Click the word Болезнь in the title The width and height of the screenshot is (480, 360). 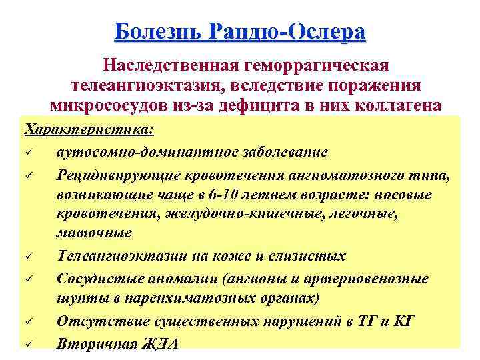coord(158,32)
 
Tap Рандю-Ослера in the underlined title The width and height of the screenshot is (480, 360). coord(287,32)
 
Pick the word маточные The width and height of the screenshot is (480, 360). coord(94,233)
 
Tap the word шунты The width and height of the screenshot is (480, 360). coord(77,298)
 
